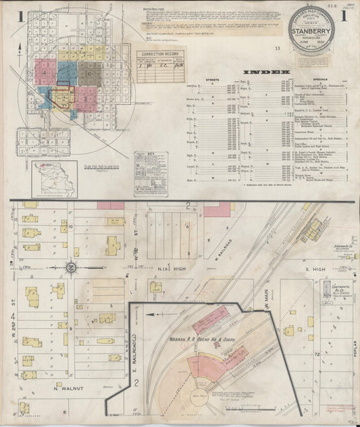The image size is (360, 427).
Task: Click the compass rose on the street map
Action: coord(70,267)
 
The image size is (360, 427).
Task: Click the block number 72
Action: coord(315,353)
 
